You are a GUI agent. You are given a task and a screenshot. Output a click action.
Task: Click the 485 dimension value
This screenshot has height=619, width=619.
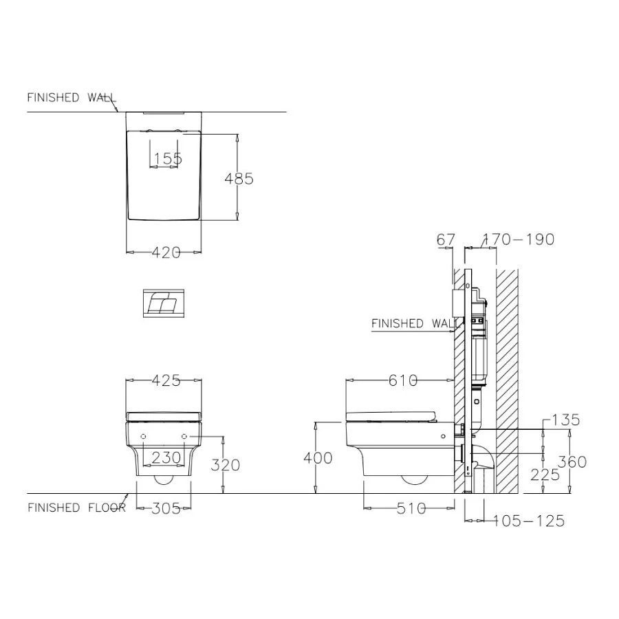pyautogui.click(x=239, y=179)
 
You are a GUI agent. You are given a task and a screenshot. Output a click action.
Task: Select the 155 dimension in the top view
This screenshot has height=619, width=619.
pyautogui.click(x=168, y=159)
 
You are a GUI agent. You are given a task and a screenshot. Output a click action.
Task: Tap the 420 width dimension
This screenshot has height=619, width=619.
pyautogui.click(x=166, y=252)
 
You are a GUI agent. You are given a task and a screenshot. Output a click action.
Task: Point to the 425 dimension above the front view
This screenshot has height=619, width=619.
pyautogui.click(x=166, y=380)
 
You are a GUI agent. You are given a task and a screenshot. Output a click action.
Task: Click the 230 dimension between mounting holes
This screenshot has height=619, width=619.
pyautogui.click(x=166, y=457)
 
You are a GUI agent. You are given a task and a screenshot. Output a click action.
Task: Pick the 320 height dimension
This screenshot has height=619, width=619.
pyautogui.click(x=226, y=465)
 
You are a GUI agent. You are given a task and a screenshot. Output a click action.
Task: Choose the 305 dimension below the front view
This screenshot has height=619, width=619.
pyautogui.click(x=166, y=508)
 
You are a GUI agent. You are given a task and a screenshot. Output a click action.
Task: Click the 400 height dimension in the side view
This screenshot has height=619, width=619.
pyautogui.click(x=318, y=458)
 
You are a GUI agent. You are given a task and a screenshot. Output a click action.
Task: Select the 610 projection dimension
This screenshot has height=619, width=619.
pyautogui.click(x=403, y=380)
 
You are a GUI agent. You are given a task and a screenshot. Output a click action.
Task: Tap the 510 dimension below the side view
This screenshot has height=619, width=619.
pyautogui.click(x=411, y=508)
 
